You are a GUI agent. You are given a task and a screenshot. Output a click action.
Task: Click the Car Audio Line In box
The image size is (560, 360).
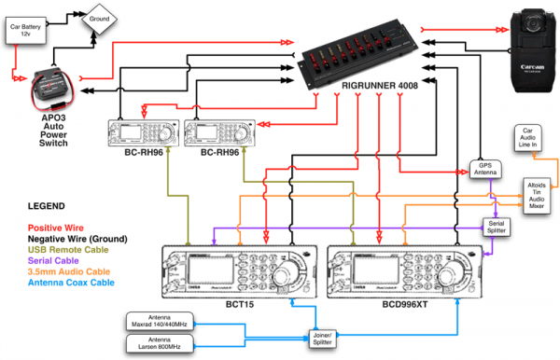coord(527,141)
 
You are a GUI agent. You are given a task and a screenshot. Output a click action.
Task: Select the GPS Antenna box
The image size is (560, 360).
coord(483,171)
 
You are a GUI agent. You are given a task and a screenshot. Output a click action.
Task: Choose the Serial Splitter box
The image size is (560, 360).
coord(496,227)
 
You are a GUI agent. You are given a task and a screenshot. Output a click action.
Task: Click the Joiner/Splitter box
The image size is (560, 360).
coord(323,336)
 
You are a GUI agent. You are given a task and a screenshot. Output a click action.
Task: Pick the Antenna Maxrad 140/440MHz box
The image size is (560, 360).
coord(163,322)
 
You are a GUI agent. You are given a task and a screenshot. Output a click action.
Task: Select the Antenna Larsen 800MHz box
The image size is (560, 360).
coord(163,345)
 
